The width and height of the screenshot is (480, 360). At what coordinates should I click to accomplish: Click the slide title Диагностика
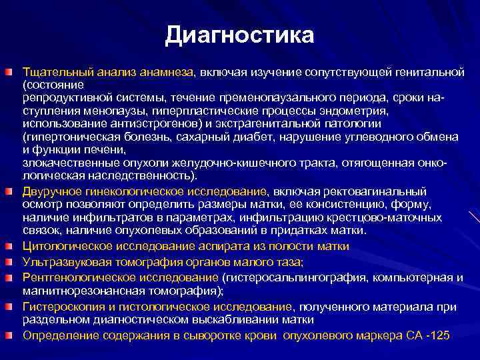(x=239, y=35)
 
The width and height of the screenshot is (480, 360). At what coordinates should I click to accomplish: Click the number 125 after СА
(x=441, y=334)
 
